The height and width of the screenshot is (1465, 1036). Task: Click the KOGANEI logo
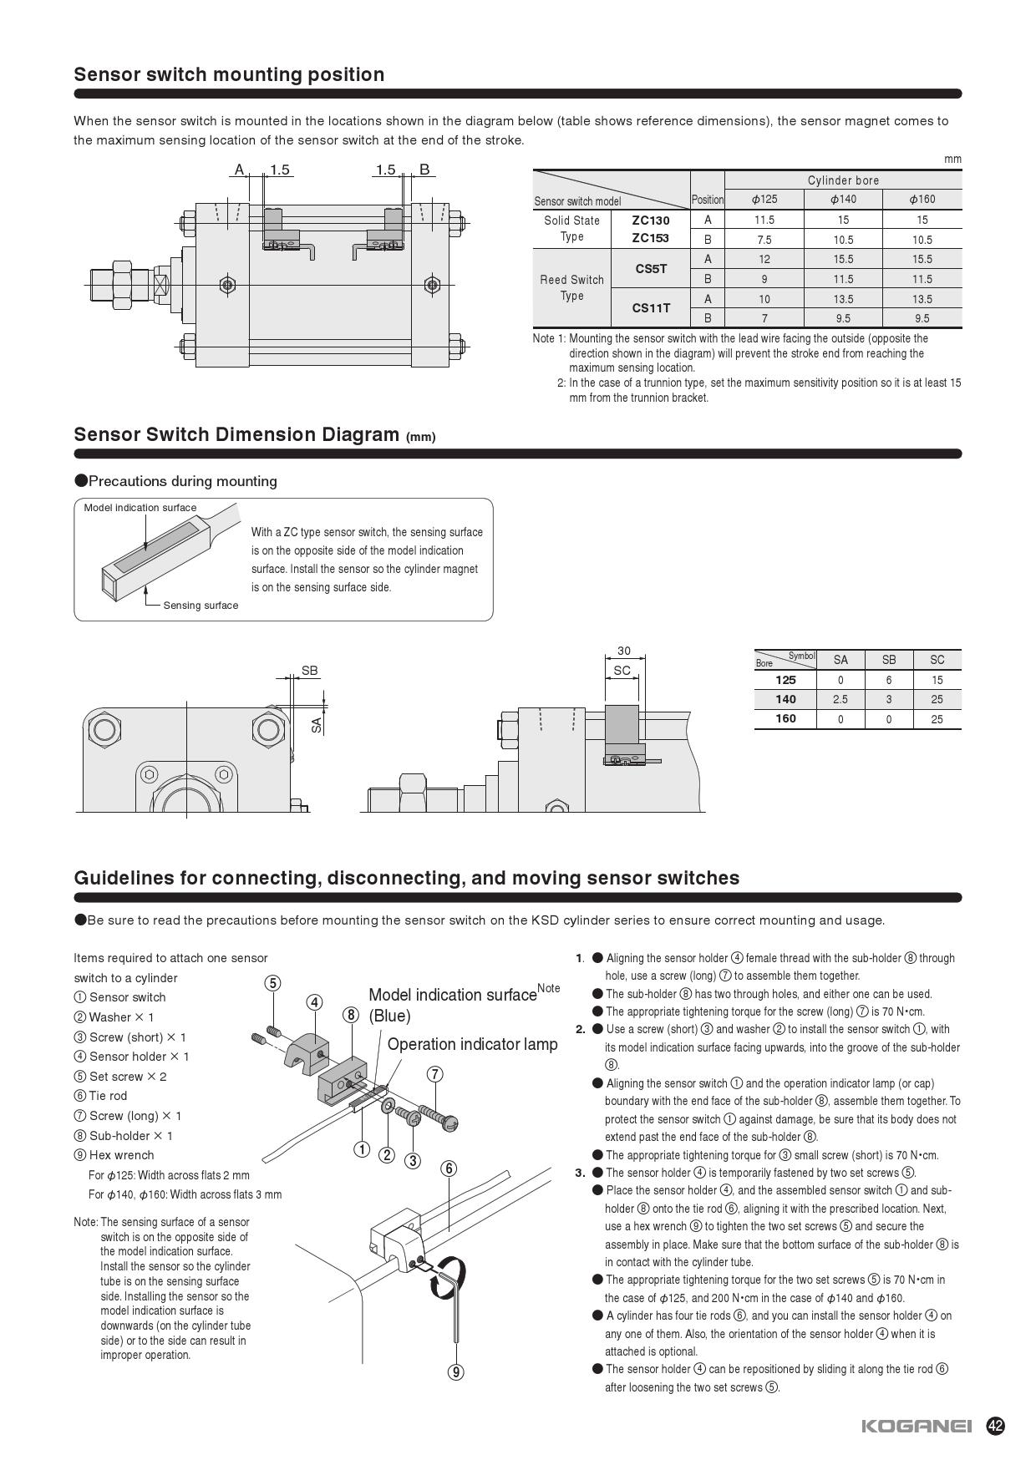coord(917,1427)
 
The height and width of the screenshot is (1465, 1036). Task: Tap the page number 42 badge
coord(995,1426)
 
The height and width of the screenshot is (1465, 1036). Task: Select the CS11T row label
coord(651,308)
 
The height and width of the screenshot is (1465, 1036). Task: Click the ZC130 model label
coord(651,221)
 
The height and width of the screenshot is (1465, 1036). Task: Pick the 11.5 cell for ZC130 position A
coord(764,221)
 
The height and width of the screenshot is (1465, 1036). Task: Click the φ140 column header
coord(842,200)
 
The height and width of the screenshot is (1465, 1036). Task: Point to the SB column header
coord(888,660)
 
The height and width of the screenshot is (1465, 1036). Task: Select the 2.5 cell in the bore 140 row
coord(840,699)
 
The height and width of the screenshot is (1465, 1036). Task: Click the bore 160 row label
coord(785,719)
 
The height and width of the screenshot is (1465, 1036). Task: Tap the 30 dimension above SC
coord(623,651)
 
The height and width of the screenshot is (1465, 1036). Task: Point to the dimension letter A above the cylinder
coord(239,170)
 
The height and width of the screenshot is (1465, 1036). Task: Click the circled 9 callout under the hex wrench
coord(455,1371)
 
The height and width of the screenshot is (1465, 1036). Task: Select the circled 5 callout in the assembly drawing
coord(272,983)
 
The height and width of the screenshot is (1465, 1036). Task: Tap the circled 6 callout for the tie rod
coord(449,1168)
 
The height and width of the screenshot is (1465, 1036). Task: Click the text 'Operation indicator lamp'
coord(472,1045)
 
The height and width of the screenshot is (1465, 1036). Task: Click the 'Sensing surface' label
coord(201,606)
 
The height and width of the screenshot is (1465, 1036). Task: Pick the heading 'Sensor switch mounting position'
coord(229,74)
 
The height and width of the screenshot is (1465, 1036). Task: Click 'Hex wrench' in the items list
coord(122,1155)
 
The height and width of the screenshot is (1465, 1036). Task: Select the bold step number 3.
coord(578,1173)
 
